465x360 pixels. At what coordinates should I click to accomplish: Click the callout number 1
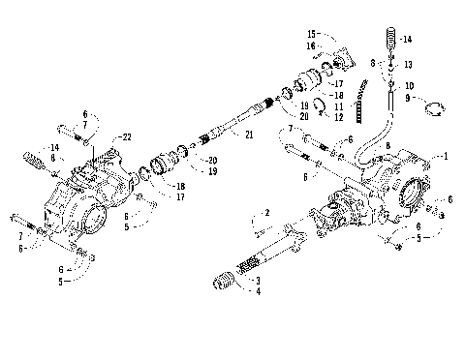(x=447, y=156)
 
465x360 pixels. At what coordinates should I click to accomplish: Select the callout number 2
(x=266, y=213)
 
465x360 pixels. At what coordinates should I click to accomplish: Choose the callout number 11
(x=338, y=105)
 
